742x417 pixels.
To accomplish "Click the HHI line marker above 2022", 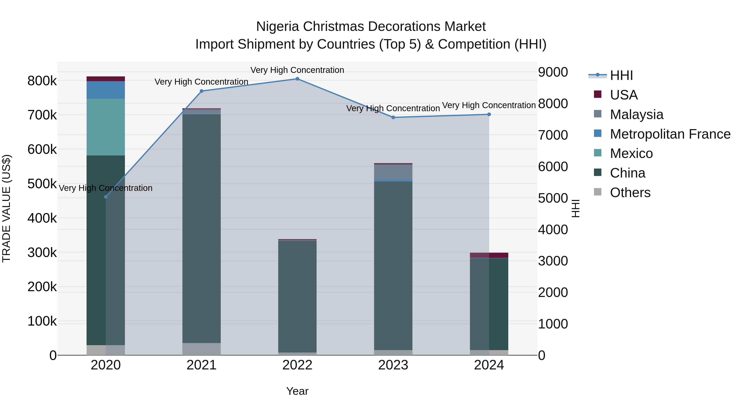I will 297,79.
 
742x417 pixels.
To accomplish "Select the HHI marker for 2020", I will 106,197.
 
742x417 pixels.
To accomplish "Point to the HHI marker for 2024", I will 489,114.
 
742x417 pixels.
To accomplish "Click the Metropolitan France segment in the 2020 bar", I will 106,90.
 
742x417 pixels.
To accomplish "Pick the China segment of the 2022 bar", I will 297,296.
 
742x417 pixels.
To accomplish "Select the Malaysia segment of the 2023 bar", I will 393,172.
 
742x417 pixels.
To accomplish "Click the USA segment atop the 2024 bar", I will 489,255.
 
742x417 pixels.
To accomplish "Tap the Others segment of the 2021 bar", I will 201,349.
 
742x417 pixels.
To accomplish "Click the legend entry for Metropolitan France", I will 670,134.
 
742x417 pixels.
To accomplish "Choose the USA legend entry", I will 624,95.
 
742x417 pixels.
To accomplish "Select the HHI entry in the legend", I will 621,75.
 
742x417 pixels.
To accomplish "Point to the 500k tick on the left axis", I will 42,184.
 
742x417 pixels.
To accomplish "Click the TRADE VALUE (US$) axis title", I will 6,208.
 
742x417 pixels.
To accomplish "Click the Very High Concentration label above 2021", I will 201,82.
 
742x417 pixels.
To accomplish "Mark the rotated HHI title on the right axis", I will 575,208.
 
